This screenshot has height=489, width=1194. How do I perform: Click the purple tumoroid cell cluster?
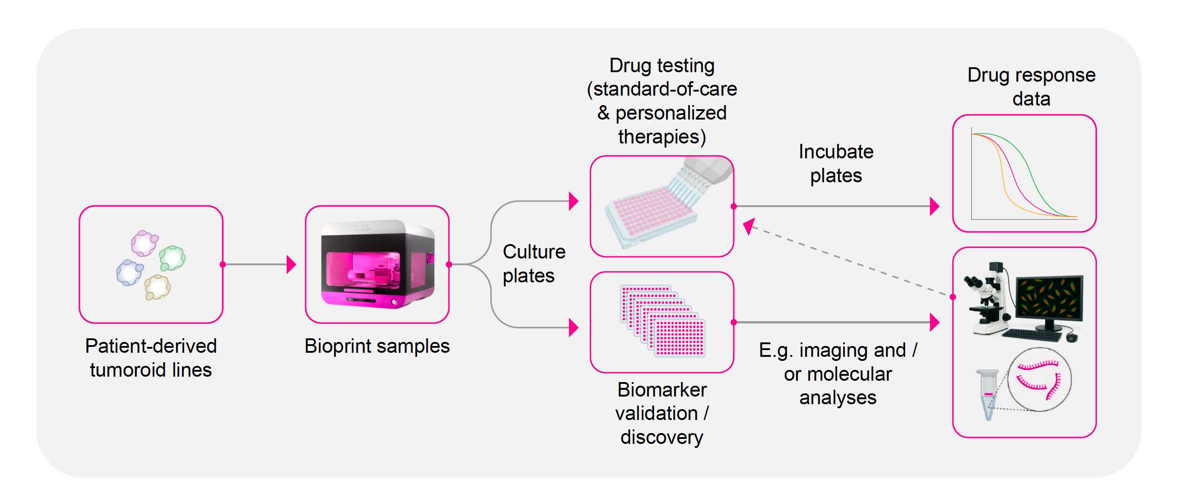pyautogui.click(x=144, y=244)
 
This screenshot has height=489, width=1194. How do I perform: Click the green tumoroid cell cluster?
pyautogui.click(x=173, y=258)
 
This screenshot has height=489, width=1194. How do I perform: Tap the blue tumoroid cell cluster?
pyautogui.click(x=129, y=273)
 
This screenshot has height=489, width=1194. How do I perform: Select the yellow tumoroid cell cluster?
pyautogui.click(x=158, y=287)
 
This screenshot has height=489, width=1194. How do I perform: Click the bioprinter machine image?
pyautogui.click(x=378, y=264)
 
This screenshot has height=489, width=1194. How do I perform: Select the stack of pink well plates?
pyautogui.click(x=663, y=321)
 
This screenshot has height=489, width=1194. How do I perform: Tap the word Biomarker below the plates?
pyautogui.click(x=662, y=390)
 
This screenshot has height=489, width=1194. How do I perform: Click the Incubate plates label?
pyautogui.click(x=836, y=164)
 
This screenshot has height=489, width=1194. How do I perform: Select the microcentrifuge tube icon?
pyautogui.click(x=988, y=394)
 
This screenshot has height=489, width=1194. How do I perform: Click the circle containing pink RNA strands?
pyautogui.click(x=1039, y=379)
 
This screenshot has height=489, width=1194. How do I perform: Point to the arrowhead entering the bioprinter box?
pyautogui.click(x=291, y=264)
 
